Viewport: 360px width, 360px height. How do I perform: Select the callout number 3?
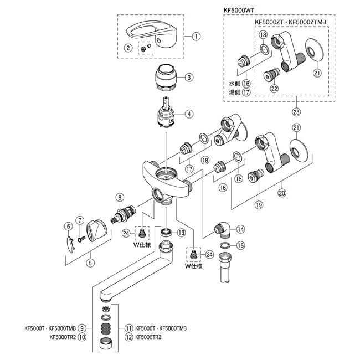[x=188, y=77]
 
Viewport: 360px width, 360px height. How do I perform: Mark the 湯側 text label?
[x=235, y=92]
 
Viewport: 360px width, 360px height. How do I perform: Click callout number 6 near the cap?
[x=68, y=226]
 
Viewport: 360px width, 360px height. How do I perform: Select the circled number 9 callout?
[x=82, y=327]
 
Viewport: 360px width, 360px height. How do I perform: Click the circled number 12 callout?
[x=129, y=336]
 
